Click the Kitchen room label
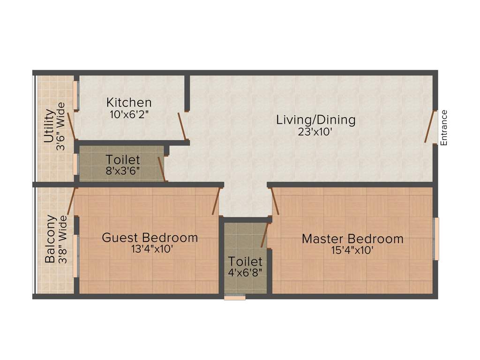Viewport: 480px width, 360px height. pyautogui.click(x=129, y=102)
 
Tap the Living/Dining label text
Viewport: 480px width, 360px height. pyautogui.click(x=315, y=120)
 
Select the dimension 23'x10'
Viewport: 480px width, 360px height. pyautogui.click(x=315, y=132)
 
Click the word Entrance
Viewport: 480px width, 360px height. pyautogui.click(x=444, y=127)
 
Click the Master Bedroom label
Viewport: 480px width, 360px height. pyautogui.click(x=352, y=239)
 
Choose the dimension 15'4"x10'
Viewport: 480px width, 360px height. pyautogui.click(x=352, y=250)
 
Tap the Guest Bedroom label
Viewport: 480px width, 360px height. pyautogui.click(x=150, y=237)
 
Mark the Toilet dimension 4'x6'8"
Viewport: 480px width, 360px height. pyautogui.click(x=245, y=272)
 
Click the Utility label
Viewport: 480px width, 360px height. pyautogui.click(x=48, y=126)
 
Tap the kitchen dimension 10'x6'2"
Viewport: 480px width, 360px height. pyautogui.click(x=129, y=113)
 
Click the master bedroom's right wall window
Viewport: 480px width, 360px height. pyautogui.click(x=436, y=239)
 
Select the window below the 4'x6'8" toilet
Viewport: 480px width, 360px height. pyautogui.click(x=235, y=297)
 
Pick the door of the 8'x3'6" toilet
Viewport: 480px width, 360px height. pyautogui.click(x=162, y=169)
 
